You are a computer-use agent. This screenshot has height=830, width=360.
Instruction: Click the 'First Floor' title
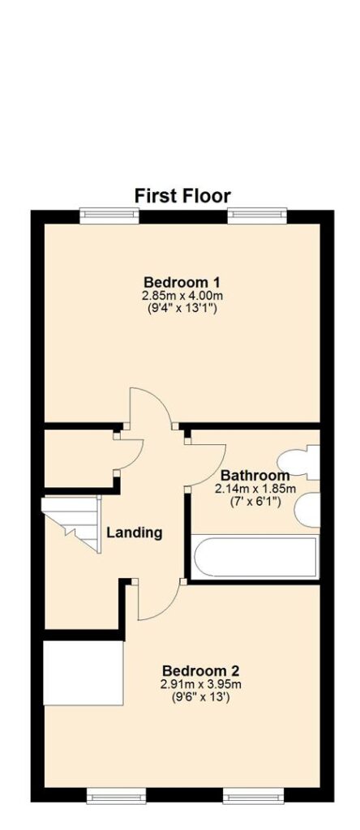pos(182,196)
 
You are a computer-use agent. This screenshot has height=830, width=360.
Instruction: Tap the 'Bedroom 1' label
pos(182,281)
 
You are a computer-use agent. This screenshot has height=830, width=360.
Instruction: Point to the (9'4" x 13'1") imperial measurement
pos(182,307)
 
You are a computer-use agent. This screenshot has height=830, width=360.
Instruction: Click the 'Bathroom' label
pos(255,475)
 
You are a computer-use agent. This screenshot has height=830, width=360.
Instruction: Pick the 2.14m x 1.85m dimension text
pos(255,488)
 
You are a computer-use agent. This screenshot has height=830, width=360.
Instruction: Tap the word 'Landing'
pos(135,533)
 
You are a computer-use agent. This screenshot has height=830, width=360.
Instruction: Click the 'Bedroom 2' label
pos(200,671)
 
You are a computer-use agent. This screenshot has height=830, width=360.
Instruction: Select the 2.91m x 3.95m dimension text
pos(200,684)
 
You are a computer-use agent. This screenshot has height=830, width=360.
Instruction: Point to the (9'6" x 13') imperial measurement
pos(200,697)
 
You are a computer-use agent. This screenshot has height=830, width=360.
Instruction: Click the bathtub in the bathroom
pos(255,557)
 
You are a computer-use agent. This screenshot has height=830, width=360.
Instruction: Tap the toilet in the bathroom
pos(300,463)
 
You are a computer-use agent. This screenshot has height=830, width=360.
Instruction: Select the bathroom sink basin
pos(307,510)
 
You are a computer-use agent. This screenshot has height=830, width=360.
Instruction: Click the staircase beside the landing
pos(71,523)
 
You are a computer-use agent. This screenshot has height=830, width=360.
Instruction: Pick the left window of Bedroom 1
pos(109,216)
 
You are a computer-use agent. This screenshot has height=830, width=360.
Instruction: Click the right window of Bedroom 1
pos(257,216)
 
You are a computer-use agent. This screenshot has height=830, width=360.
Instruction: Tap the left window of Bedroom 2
pos(117,795)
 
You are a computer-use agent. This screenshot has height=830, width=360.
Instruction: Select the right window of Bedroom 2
pos(254,795)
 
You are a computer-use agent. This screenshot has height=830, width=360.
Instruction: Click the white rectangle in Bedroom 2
pos(84,673)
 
